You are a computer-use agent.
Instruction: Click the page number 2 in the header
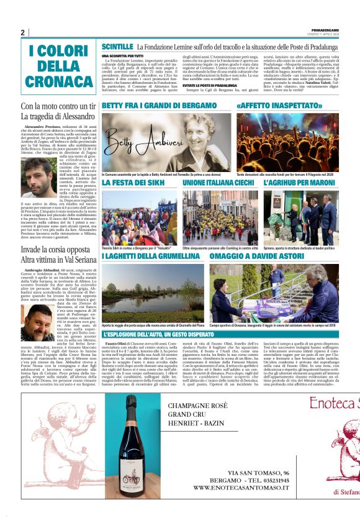pos(22,32)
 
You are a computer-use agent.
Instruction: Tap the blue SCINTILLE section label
pos(117,47)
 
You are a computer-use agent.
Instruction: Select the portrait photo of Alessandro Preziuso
pos(38,177)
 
